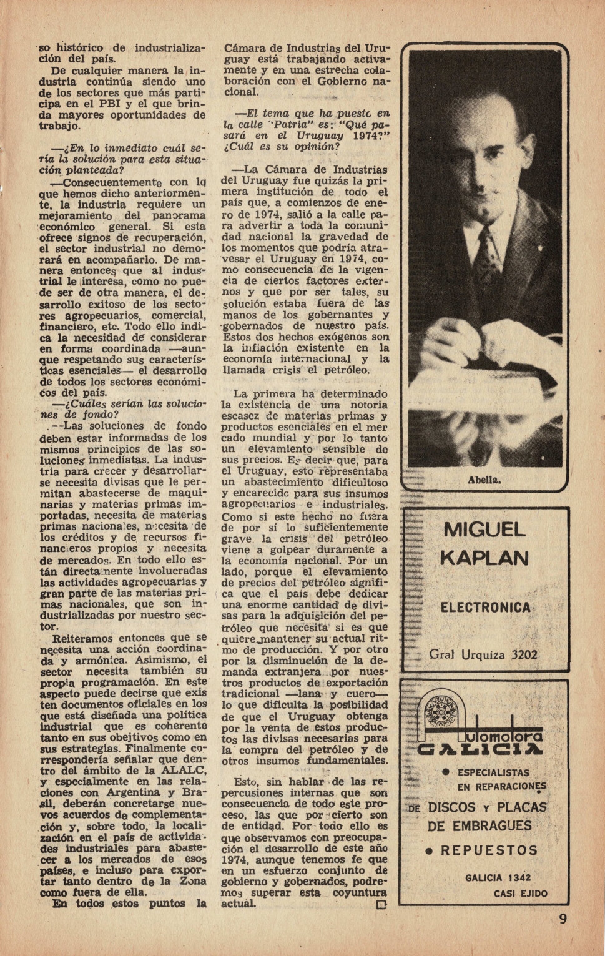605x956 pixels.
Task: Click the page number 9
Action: (563, 919)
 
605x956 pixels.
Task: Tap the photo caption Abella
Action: (484, 480)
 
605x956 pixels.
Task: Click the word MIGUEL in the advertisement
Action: (484, 530)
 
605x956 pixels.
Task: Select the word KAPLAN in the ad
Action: (484, 558)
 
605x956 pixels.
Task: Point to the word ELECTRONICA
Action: (485, 608)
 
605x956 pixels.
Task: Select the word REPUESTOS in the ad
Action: (489, 850)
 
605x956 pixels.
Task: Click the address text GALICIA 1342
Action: (497, 878)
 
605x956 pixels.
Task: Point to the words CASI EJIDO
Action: (520, 894)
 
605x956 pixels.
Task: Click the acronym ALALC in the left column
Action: (184, 770)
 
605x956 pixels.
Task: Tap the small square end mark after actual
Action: (382, 904)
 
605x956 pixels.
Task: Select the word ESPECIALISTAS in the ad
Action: (493, 772)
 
